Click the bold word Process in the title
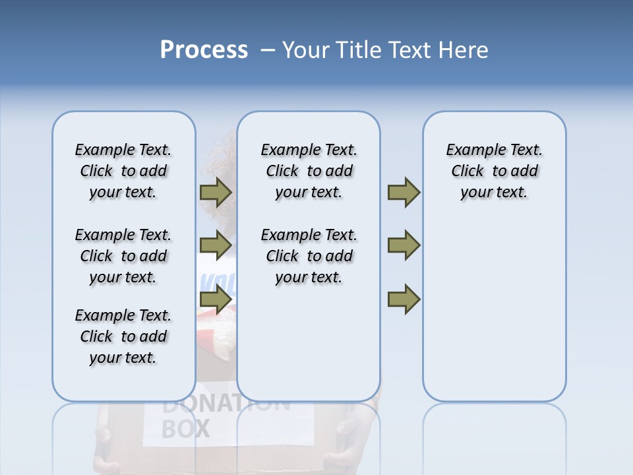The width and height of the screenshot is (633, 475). pos(204,50)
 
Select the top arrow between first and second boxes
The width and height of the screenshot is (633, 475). pos(216,193)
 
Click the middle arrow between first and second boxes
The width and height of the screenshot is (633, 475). pos(216,245)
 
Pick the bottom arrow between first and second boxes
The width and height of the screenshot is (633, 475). pos(216,300)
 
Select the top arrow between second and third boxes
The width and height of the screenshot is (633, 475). pos(404,193)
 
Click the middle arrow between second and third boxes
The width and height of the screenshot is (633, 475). pos(404,245)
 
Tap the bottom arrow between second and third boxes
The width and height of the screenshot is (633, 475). pos(404,300)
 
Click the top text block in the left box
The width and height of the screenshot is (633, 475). pos(123,171)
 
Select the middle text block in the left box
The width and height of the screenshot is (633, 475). pos(123,256)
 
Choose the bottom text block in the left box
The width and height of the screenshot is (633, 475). pos(123,336)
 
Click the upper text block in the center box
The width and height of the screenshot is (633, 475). pos(309,171)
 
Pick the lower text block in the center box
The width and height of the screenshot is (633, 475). pos(309,256)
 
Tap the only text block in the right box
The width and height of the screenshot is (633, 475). pos(494,171)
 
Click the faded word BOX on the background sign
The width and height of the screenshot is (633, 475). pos(185,429)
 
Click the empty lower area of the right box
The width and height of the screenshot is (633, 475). pos(494,317)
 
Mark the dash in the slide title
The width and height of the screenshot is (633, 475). pos(268,50)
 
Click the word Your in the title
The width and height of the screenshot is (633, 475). pos(307,50)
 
